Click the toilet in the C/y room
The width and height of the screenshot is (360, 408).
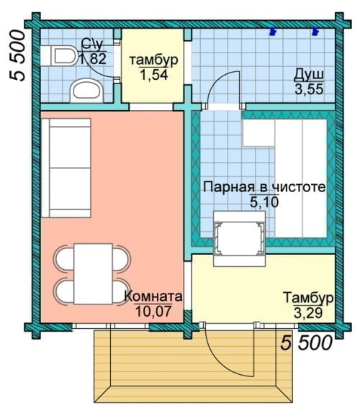(59, 55)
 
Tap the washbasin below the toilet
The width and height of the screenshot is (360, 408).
(87, 91)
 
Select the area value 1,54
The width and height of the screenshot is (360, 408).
(154, 76)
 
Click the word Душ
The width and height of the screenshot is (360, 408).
(309, 75)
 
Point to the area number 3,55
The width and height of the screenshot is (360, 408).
(309, 89)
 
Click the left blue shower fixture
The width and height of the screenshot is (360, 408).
(273, 31)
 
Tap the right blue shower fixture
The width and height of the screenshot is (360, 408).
(316, 31)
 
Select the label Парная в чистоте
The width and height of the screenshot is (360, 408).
(264, 187)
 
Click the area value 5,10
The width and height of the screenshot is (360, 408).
(264, 202)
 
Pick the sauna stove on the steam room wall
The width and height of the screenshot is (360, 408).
(239, 239)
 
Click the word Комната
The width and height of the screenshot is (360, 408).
(153, 296)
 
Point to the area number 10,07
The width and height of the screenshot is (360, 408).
(153, 311)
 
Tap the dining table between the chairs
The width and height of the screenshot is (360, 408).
(93, 273)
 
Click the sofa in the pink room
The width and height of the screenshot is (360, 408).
(66, 168)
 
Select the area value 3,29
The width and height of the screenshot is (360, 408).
(308, 313)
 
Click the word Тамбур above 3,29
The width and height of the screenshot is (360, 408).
(308, 298)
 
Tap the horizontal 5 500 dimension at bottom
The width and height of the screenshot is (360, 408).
(306, 343)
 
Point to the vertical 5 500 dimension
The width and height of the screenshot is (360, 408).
(18, 55)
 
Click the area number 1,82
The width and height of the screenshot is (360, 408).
(92, 59)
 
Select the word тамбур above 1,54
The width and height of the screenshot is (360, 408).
(154, 60)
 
